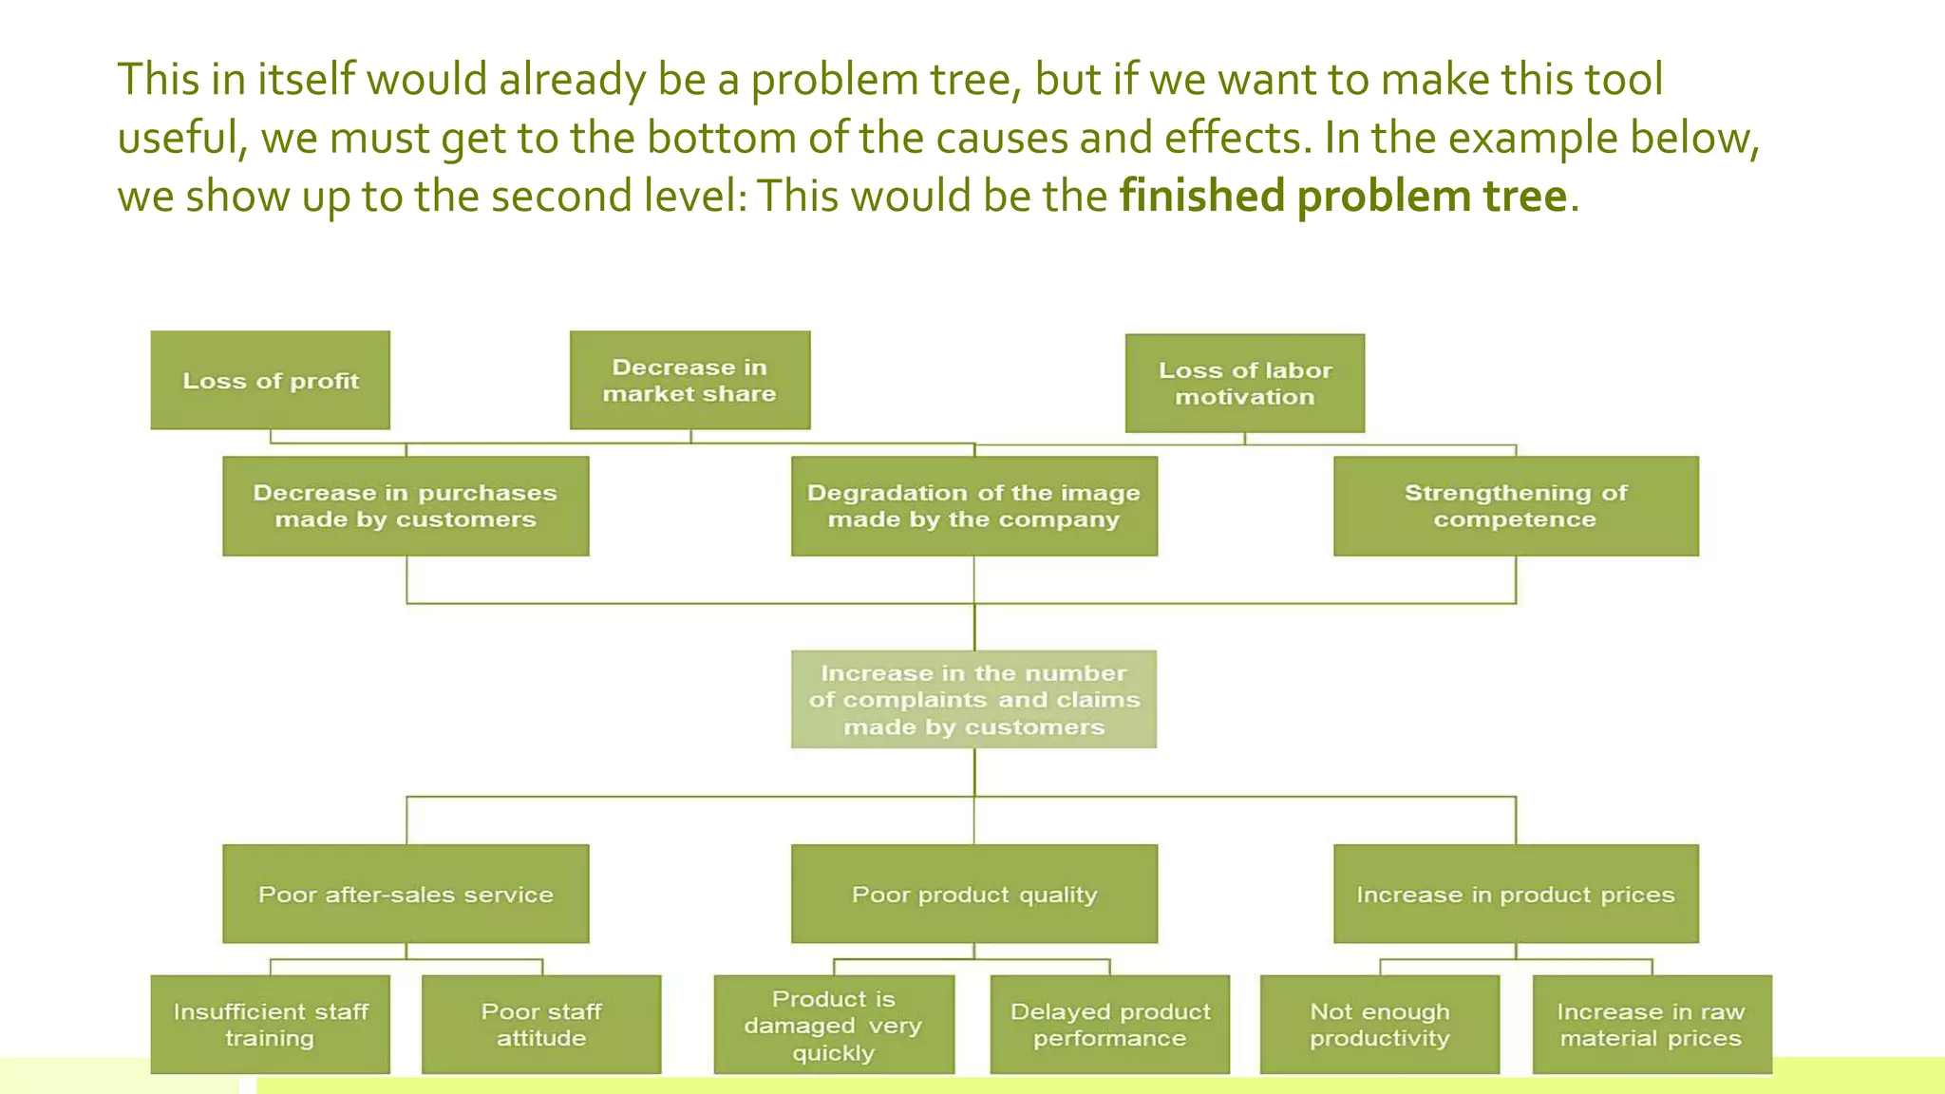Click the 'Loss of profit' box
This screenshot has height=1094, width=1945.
(x=270, y=380)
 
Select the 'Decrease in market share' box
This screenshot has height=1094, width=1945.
(x=689, y=380)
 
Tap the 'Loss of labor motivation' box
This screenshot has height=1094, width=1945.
(x=1244, y=383)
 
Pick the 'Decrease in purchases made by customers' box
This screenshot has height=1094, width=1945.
(x=406, y=505)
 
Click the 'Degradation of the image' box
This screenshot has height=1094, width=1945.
(x=973, y=505)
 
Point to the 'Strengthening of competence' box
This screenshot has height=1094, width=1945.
(x=1515, y=505)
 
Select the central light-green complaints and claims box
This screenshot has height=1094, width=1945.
(x=973, y=699)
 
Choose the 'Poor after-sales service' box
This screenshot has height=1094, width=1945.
(x=406, y=894)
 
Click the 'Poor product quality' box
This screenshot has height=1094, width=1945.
(x=973, y=894)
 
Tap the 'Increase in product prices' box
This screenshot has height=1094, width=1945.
(x=1515, y=894)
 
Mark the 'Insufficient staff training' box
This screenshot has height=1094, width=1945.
(x=270, y=1024)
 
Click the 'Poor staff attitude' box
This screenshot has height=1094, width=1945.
(x=541, y=1024)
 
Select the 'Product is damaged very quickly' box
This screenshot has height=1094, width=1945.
(x=834, y=1024)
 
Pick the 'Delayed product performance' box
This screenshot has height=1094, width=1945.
(x=1109, y=1024)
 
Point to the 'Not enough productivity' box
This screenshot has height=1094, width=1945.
(x=1379, y=1024)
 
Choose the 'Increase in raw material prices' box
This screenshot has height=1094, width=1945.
(x=1652, y=1024)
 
